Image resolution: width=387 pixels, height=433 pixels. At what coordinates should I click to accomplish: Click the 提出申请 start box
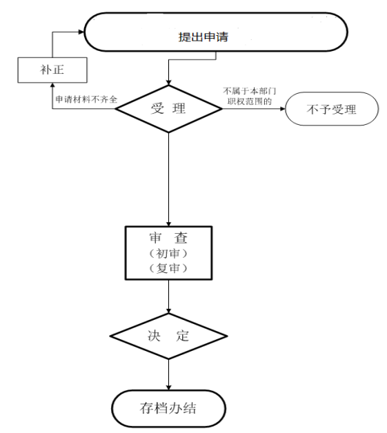click(215, 32)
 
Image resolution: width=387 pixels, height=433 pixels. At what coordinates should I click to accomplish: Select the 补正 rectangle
click(52, 70)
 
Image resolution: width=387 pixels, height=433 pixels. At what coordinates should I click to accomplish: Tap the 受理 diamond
click(168, 108)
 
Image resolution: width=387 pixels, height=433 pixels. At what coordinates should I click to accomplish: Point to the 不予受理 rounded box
click(332, 109)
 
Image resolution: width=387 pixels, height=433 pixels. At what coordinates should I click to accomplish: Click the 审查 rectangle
click(168, 253)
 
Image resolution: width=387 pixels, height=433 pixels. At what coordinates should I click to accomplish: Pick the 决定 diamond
click(168, 336)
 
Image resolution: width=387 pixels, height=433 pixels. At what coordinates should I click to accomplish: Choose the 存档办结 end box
click(168, 408)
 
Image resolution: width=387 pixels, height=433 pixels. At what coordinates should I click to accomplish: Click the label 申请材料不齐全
click(86, 99)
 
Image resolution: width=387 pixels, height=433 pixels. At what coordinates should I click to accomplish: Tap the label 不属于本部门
click(250, 91)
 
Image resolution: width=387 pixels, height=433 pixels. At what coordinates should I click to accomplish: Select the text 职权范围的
click(250, 101)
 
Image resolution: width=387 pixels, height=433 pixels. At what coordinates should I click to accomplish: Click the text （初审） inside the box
click(168, 253)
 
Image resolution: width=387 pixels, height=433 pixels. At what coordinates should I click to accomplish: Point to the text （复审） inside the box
click(168, 268)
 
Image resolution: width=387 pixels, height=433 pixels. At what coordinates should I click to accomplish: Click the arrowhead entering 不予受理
click(283, 109)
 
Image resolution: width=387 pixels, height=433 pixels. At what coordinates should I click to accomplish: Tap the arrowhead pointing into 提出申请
click(81, 32)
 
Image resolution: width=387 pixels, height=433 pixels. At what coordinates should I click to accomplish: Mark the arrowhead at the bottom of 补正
click(52, 85)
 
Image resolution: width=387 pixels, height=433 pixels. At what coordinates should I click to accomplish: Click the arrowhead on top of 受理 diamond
click(168, 83)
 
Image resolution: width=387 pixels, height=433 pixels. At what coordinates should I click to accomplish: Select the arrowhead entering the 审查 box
click(168, 223)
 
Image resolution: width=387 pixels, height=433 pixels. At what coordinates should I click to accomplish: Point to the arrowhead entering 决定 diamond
click(168, 311)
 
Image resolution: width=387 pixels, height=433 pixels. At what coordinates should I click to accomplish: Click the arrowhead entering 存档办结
click(168, 387)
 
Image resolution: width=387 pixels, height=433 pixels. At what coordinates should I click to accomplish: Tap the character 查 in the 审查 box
click(181, 238)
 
